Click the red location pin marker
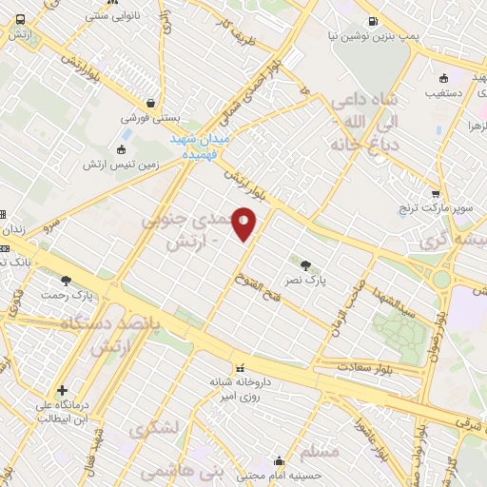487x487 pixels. tap(244, 223)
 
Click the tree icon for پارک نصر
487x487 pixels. tap(305, 265)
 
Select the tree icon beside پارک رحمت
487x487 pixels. tap(66, 280)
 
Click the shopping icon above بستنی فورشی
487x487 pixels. tap(149, 103)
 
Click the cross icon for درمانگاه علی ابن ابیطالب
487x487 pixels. tap(62, 389)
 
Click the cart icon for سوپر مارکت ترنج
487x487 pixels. tap(436, 194)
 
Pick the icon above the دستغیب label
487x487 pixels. tap(444, 78)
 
